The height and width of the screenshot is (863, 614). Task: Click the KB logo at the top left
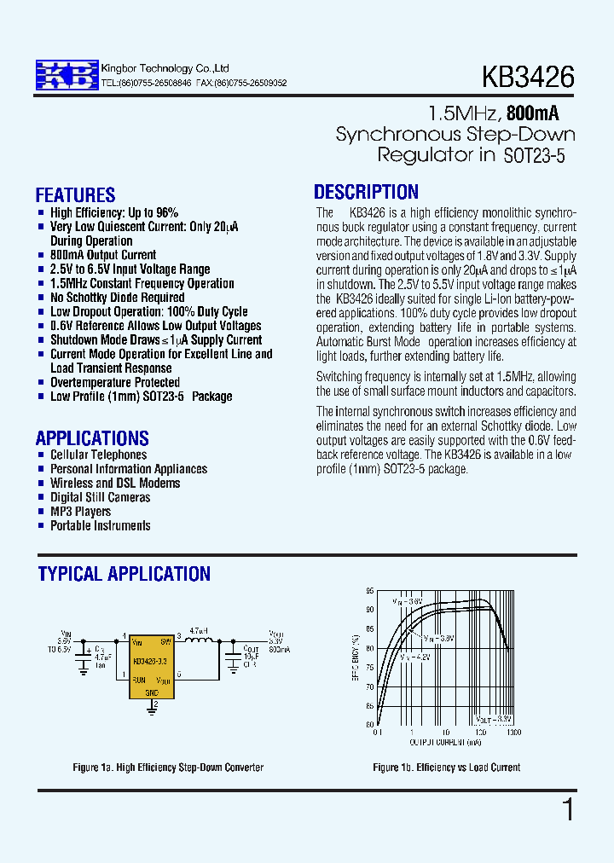pos(66,76)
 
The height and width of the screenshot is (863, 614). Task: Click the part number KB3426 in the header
pos(528,78)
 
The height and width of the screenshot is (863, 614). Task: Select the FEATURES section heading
pos(75,195)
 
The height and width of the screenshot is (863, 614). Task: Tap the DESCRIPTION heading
pos(366,193)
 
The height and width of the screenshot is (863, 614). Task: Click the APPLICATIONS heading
pos(92,438)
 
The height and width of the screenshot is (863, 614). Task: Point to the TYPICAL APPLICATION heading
pos(124,574)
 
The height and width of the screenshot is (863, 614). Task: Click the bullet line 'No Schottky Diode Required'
pos(117,298)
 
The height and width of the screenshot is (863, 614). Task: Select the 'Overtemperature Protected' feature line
pos(114,382)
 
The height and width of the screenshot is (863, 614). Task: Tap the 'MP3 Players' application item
pos(80,512)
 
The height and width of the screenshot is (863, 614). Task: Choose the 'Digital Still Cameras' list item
pos(100,497)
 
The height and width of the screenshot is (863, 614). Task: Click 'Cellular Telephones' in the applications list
pos(98,455)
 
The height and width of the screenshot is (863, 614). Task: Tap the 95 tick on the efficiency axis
pos(369,591)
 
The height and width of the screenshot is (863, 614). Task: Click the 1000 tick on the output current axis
pos(513,733)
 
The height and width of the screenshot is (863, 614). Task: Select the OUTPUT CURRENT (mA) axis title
pos(444,740)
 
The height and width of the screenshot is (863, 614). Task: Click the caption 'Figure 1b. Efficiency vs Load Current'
pos(446,767)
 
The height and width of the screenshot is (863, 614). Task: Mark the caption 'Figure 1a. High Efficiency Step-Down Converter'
pos(168,767)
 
